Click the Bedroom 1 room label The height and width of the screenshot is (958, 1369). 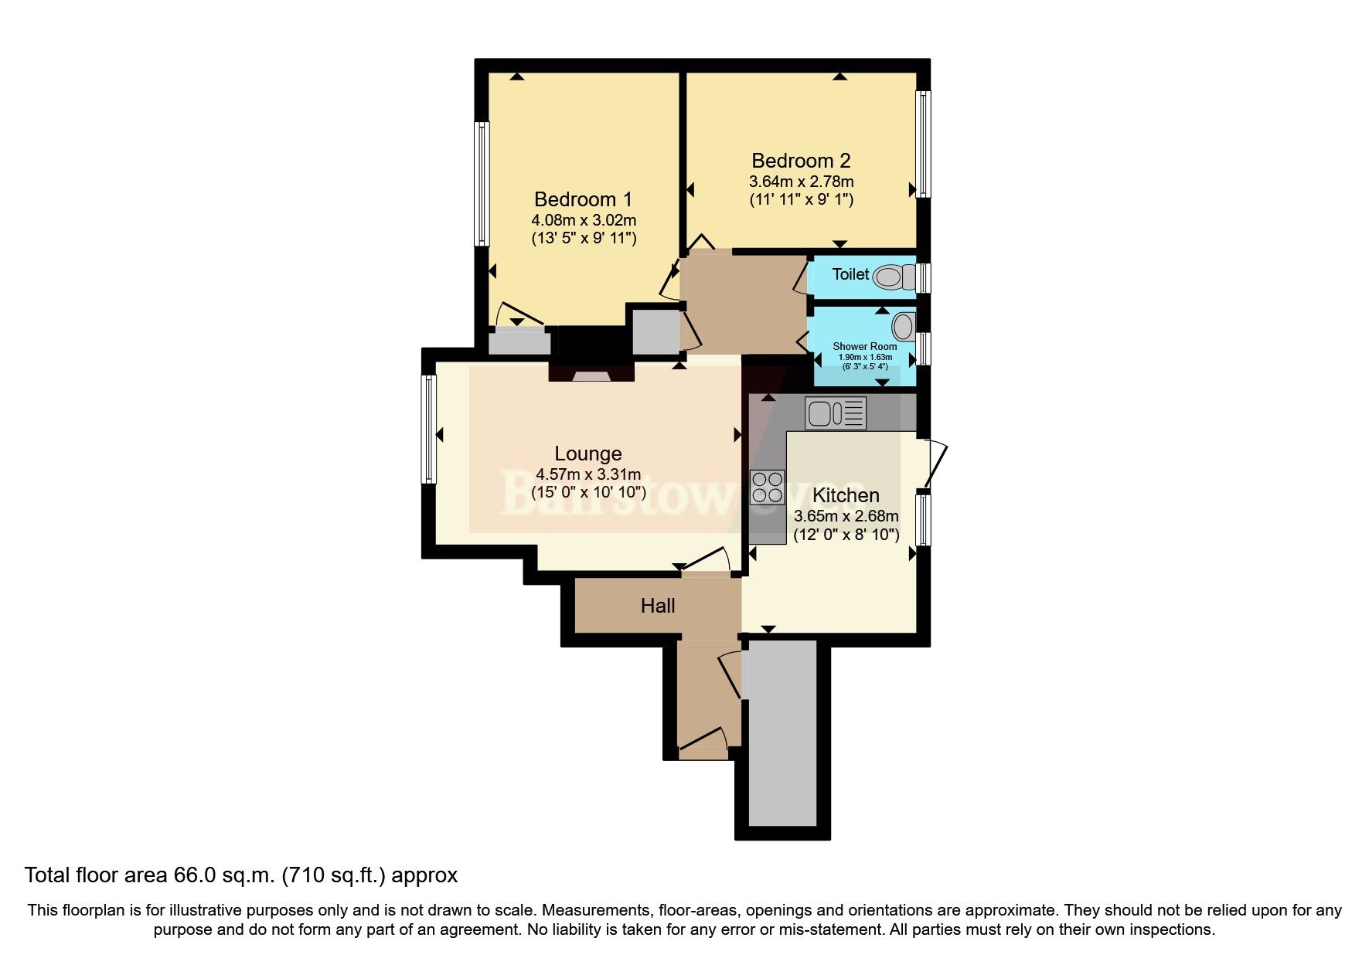point(583,199)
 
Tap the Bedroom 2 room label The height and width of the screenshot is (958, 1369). point(801,161)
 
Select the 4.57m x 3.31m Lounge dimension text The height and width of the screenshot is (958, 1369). point(588,474)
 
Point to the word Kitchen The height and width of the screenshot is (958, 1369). point(846,495)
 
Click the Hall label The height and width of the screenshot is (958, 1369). point(658,606)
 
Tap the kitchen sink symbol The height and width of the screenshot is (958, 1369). point(835,413)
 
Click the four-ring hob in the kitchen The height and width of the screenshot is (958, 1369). point(767,487)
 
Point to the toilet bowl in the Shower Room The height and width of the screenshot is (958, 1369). point(902,325)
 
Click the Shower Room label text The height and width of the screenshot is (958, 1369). point(864,346)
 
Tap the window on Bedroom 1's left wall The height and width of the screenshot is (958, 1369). point(482,184)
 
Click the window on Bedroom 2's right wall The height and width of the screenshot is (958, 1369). point(923,144)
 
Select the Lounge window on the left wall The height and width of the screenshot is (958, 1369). point(428,429)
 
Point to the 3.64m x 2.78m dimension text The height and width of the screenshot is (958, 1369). point(801,182)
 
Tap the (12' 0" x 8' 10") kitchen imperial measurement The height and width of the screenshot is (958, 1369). point(846,534)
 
